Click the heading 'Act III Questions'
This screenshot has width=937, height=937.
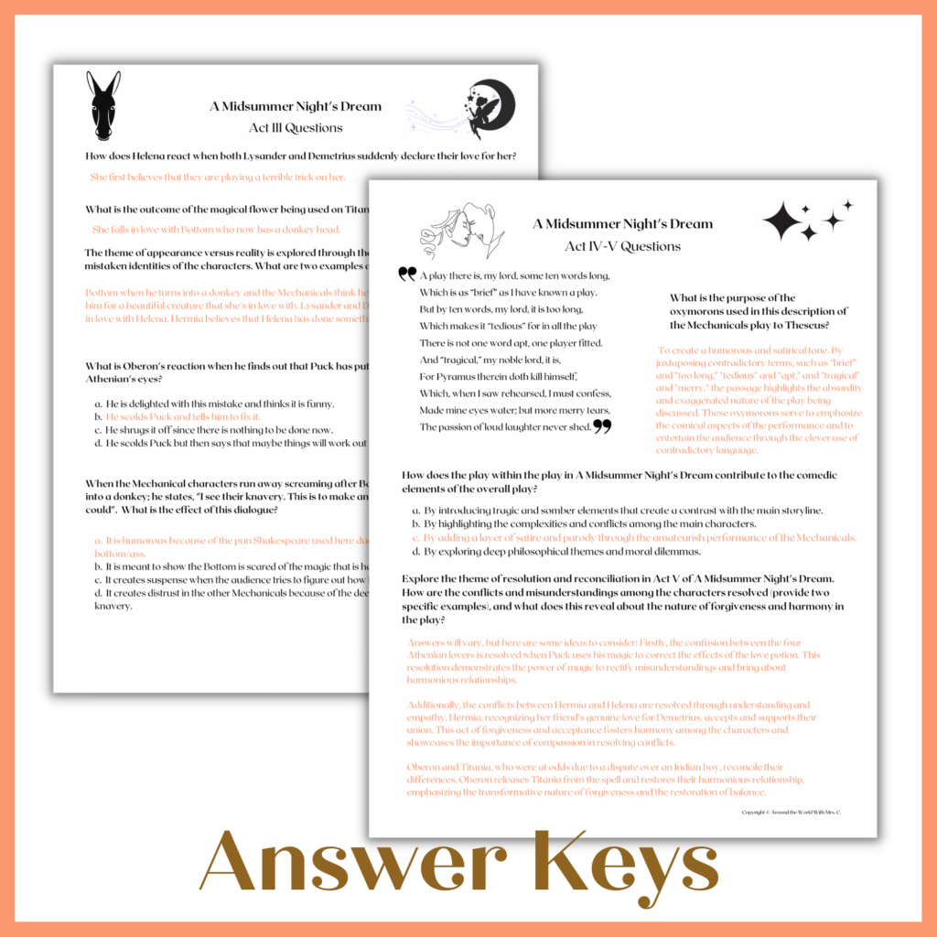[x=296, y=127]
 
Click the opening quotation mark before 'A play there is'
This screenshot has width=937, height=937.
[x=407, y=274]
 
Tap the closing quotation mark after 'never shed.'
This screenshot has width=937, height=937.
[x=602, y=425]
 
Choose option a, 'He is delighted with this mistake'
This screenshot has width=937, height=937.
[x=214, y=404]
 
